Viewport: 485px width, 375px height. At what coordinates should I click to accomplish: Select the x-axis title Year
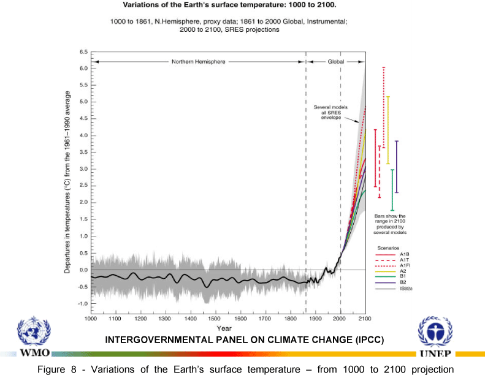(x=224, y=329)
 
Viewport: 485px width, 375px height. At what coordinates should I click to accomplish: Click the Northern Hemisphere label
(x=198, y=62)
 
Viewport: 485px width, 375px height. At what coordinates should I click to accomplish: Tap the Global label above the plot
(x=336, y=62)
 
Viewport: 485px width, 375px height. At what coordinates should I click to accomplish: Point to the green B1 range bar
(x=392, y=190)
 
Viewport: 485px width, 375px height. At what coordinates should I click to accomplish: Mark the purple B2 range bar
(x=397, y=167)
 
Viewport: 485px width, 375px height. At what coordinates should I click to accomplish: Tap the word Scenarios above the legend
(x=388, y=248)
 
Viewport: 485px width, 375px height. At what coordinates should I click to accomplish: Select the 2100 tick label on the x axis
(x=365, y=319)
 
